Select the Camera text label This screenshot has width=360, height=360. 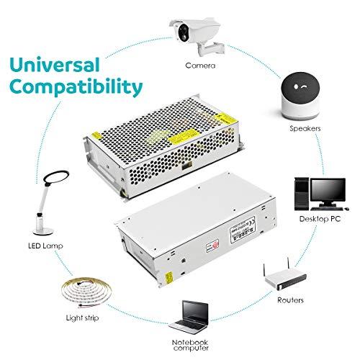tap(199, 65)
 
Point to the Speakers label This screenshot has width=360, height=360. tap(303, 129)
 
